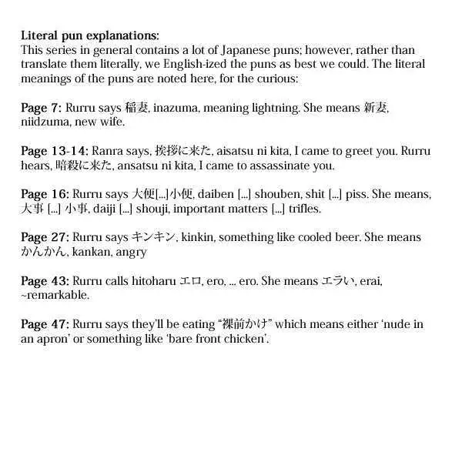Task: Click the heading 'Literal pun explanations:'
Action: click(90, 35)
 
